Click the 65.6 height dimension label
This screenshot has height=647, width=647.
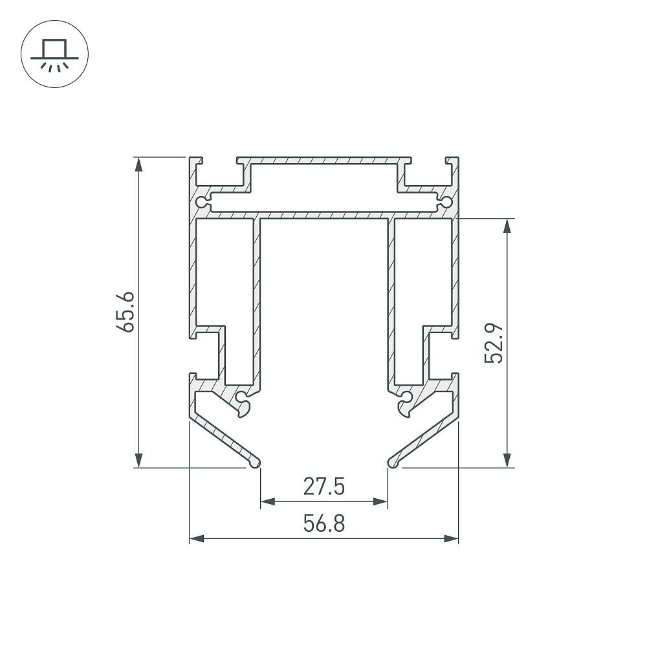(x=125, y=312)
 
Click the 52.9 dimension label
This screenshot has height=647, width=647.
(x=494, y=343)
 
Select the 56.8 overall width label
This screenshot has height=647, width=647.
(x=324, y=523)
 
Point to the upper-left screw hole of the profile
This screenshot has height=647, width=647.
(x=201, y=203)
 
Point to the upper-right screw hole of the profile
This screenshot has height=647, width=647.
(x=447, y=203)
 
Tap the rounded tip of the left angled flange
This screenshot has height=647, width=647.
(x=256, y=463)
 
